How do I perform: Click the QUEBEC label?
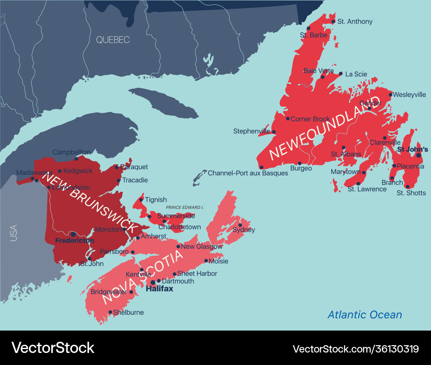coord(112,40)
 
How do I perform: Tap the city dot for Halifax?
coord(153,282)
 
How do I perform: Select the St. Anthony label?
coord(355,22)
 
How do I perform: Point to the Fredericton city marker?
coord(73,234)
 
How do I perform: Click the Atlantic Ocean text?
coord(365,315)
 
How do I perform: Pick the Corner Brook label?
coord(310,119)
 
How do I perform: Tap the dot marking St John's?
coord(418,155)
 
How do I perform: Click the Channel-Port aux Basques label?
coord(248,173)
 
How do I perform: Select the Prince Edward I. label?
coord(184,207)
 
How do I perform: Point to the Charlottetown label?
coord(180,227)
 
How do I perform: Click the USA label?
coord(14,233)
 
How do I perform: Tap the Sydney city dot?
coord(240,225)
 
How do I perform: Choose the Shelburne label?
coord(128,312)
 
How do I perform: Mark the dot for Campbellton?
coord(76,158)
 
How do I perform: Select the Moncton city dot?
coord(124,229)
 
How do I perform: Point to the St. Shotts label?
coord(411,193)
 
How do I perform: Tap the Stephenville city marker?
coord(274,132)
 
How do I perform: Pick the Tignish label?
coord(156,200)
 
